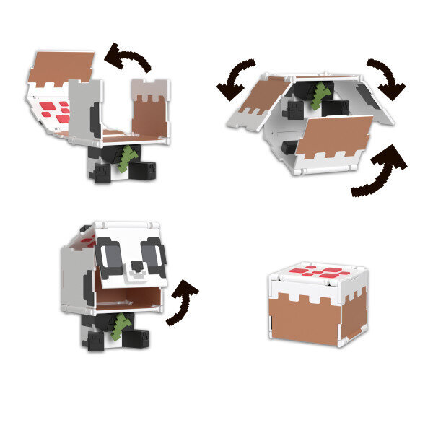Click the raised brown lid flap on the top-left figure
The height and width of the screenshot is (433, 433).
[x=64, y=64]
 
